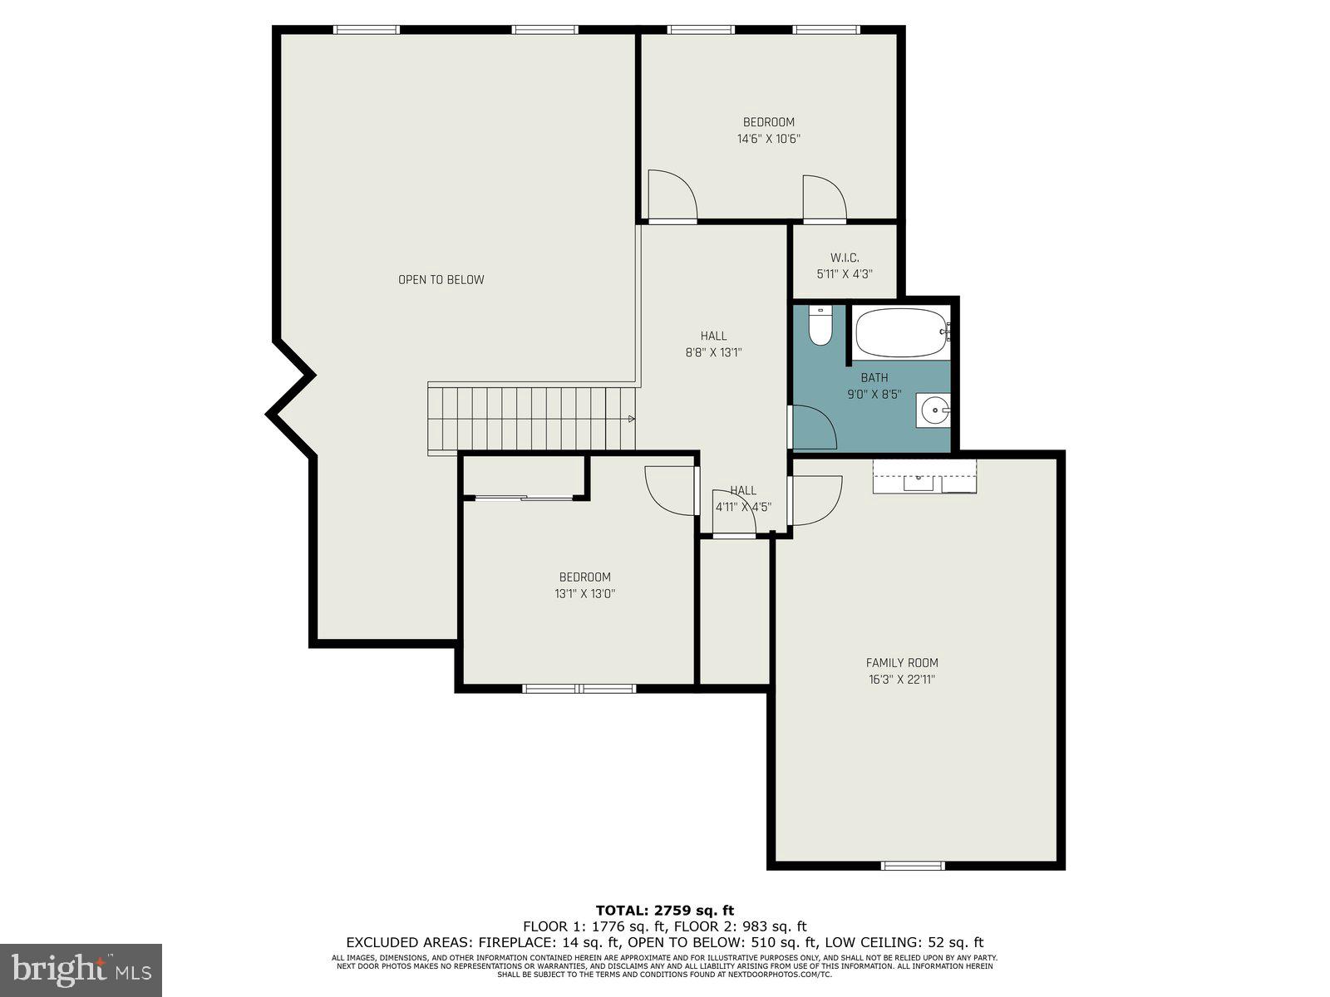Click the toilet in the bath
[x=820, y=327]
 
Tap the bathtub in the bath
[x=901, y=334]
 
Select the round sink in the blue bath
[x=935, y=410]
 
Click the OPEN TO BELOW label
[x=441, y=280]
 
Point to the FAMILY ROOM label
[x=902, y=663]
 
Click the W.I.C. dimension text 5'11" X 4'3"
[x=845, y=274]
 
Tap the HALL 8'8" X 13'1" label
[x=713, y=344]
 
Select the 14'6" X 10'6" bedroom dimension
[x=768, y=140]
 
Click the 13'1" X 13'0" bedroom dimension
[x=585, y=594]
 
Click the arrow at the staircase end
[x=632, y=419]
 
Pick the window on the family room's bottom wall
[x=913, y=865]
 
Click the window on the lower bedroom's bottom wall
[x=579, y=688]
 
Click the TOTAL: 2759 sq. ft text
[x=665, y=911]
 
